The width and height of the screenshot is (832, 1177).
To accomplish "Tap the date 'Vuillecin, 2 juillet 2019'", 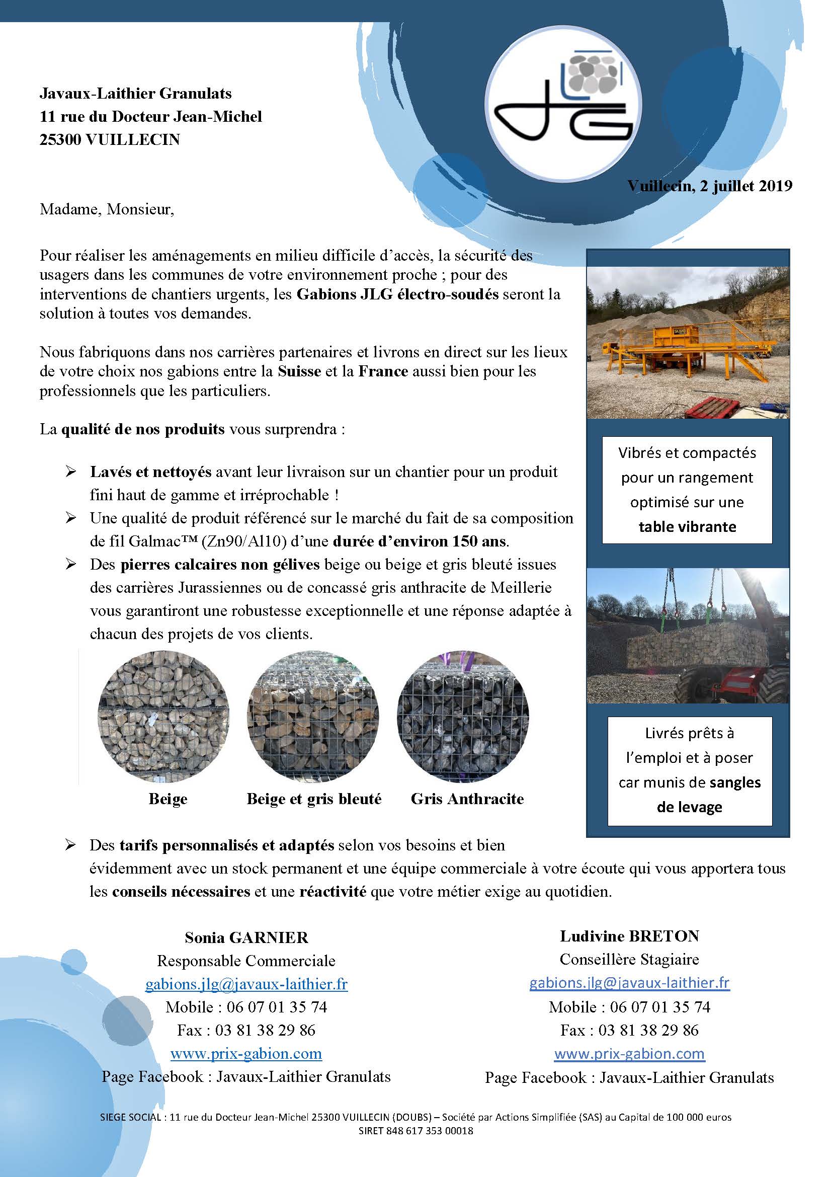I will click(710, 186).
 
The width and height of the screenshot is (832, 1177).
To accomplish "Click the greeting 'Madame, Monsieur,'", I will click(107, 210).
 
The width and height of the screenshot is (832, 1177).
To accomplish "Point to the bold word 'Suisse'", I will click(299, 371).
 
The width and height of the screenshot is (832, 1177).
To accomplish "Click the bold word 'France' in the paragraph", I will click(383, 371).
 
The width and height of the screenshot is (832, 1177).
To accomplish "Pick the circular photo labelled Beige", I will click(163, 716).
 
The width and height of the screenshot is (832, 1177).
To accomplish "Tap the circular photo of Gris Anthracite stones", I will click(463, 716).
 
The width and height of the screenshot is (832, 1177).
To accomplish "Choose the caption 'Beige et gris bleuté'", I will click(313, 799).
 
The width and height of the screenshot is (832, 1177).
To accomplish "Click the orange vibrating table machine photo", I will click(688, 342).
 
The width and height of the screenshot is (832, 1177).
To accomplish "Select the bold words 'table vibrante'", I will click(687, 526).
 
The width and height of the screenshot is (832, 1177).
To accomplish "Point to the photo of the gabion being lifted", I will click(688, 636).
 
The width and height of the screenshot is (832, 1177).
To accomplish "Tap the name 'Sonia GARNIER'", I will click(246, 937).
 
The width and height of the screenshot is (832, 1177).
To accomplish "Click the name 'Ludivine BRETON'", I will click(629, 936).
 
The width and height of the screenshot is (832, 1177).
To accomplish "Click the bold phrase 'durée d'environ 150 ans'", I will click(420, 541).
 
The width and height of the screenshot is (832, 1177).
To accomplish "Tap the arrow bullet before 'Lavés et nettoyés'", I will click(71, 472).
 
